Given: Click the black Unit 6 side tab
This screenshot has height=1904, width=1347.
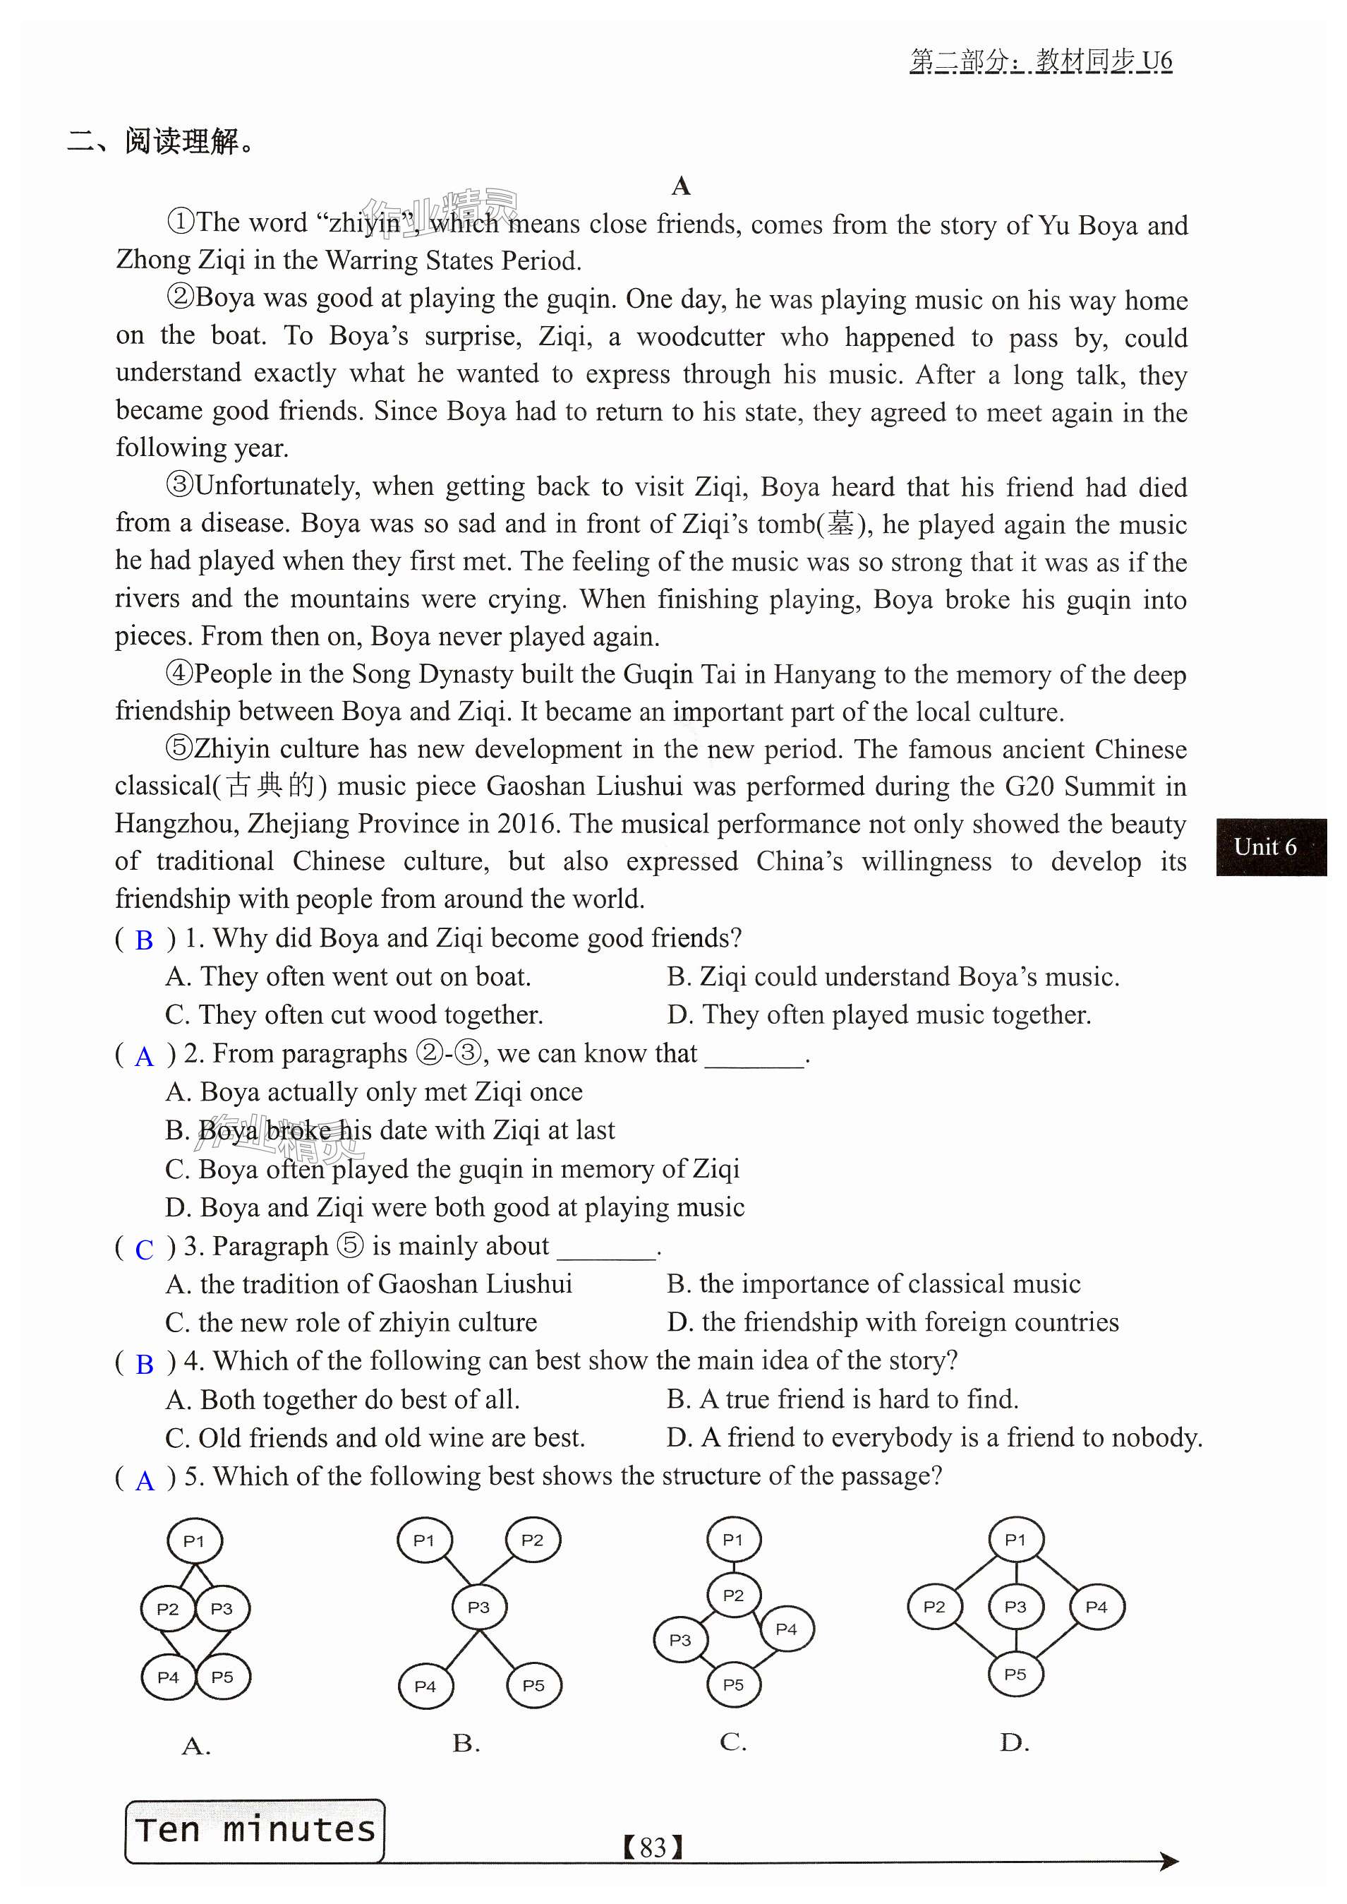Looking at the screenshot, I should click(x=1270, y=847).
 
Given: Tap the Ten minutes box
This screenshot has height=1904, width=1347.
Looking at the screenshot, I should click(x=255, y=1830).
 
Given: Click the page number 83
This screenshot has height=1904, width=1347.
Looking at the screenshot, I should click(x=653, y=1848).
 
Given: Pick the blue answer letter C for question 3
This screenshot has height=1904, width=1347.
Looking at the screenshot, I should click(x=145, y=1250).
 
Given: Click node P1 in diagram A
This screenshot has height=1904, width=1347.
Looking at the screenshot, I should click(x=194, y=1541).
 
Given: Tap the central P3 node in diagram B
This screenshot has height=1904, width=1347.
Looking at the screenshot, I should click(x=478, y=1607).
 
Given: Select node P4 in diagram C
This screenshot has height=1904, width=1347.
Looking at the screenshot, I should click(x=785, y=1629).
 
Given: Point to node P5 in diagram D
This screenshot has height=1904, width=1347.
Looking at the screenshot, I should click(x=1015, y=1673).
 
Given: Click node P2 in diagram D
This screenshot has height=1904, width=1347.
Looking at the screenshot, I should click(x=934, y=1606).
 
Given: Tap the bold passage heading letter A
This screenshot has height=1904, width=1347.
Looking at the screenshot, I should click(x=681, y=186).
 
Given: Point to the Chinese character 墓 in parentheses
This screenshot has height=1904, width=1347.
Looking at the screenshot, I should click(x=840, y=525).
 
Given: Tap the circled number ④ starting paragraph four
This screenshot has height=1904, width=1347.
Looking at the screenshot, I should click(x=179, y=673).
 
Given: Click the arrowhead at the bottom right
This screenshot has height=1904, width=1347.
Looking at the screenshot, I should click(x=1168, y=1861).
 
